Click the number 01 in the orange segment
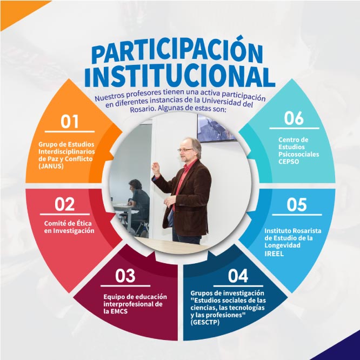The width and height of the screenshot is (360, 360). (70, 121)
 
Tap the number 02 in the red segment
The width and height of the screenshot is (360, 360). (65, 204)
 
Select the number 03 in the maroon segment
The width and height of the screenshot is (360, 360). (125, 276)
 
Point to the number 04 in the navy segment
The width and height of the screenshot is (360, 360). (238, 276)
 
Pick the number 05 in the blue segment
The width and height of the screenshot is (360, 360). (296, 205)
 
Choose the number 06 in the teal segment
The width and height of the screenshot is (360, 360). (294, 118)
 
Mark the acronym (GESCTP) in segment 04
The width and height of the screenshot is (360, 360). (209, 322)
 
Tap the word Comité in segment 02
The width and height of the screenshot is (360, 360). (55, 223)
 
